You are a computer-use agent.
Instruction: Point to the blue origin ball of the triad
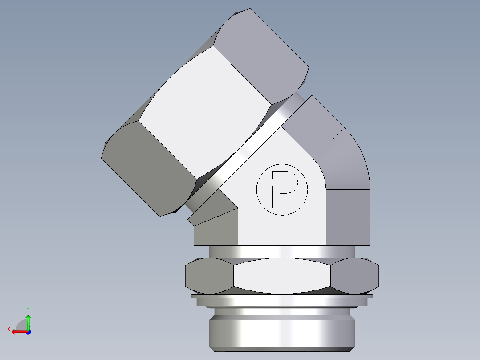pyautogui.click(x=28, y=332)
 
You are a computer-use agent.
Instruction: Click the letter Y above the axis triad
pyautogui.click(x=28, y=309)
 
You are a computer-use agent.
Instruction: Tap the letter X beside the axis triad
pyautogui.click(x=8, y=329)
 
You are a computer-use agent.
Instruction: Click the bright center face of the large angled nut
pyautogui.click(x=205, y=111)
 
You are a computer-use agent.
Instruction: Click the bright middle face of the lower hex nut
pyautogui.click(x=282, y=276)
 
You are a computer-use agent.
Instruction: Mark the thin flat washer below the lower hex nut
pyautogui.click(x=282, y=296)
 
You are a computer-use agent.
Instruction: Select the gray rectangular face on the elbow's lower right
pyautogui.click(x=348, y=217)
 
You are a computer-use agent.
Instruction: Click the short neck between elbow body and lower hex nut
pyautogui.click(x=282, y=251)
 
